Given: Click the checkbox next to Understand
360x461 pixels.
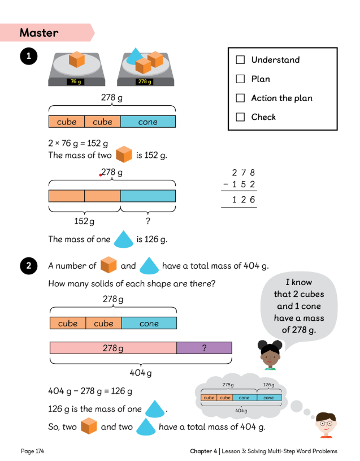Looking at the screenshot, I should [240, 59].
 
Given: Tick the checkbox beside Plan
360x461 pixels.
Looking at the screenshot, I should [240, 79].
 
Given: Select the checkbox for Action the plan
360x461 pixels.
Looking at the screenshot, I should [240, 98].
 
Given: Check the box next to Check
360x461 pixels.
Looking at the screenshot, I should [240, 117].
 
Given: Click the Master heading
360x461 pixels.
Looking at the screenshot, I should [39, 33].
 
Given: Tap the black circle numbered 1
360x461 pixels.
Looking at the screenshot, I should [27, 56].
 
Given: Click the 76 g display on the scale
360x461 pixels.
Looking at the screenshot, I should [75, 81].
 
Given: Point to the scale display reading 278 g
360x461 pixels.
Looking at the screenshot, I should [145, 81].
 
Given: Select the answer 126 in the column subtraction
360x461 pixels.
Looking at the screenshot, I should [244, 200].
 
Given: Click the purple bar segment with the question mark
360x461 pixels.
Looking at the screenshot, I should [204, 348].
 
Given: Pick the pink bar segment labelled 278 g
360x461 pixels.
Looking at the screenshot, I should [113, 348].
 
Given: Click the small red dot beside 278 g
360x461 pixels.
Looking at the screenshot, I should [100, 175].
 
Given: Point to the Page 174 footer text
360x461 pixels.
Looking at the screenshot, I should [32, 451].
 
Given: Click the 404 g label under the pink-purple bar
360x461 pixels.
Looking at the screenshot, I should [141, 373].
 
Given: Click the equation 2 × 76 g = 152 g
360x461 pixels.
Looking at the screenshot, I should [78, 144].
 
